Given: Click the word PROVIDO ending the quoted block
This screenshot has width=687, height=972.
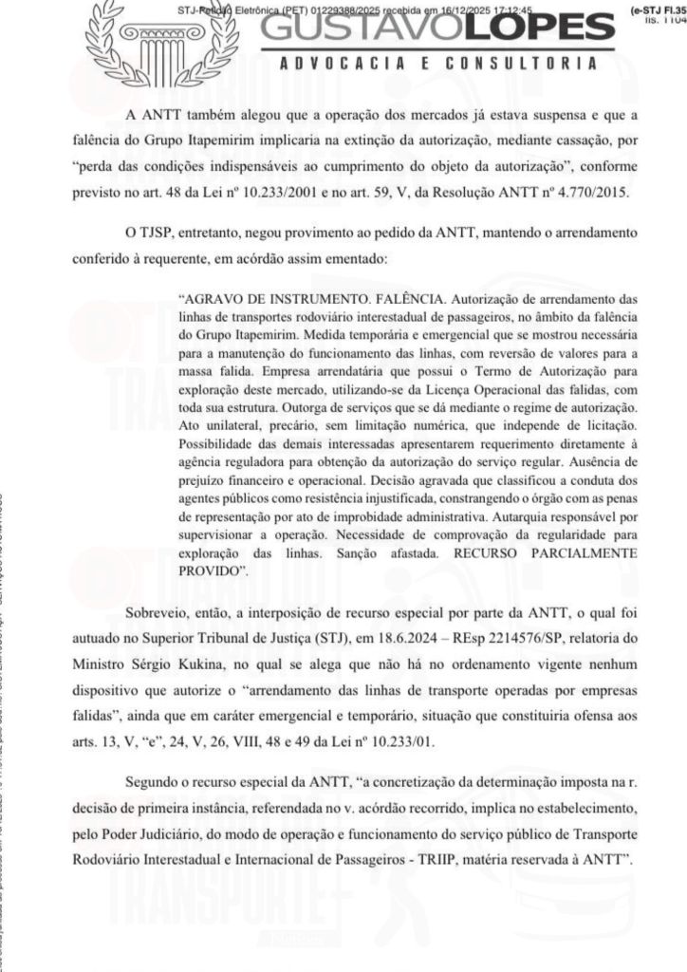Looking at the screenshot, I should tap(211, 570).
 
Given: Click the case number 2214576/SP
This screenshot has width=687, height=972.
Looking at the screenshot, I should tap(502, 633).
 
